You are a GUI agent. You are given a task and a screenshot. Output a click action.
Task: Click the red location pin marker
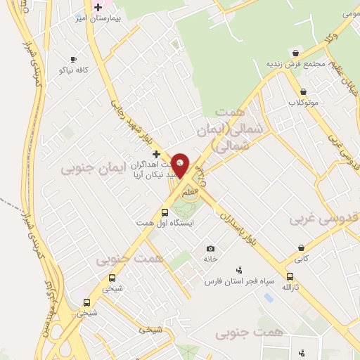coord(181,165)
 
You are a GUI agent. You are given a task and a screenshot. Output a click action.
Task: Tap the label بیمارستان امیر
coord(99,18)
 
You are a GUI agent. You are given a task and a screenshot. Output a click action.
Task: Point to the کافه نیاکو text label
coord(73,70)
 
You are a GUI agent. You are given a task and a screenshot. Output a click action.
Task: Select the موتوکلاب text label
coord(303,103)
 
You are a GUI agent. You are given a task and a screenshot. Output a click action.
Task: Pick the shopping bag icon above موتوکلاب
coord(303,91)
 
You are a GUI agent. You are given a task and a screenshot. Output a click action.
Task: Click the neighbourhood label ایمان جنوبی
coord(92,168)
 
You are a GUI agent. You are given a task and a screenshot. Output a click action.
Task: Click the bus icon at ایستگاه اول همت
coord(165,212)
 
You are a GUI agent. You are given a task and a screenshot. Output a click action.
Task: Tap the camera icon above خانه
coord(210,248)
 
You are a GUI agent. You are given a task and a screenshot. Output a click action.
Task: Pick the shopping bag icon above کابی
coord(301,247)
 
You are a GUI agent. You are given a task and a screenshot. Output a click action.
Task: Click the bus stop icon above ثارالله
coord(290,276)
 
